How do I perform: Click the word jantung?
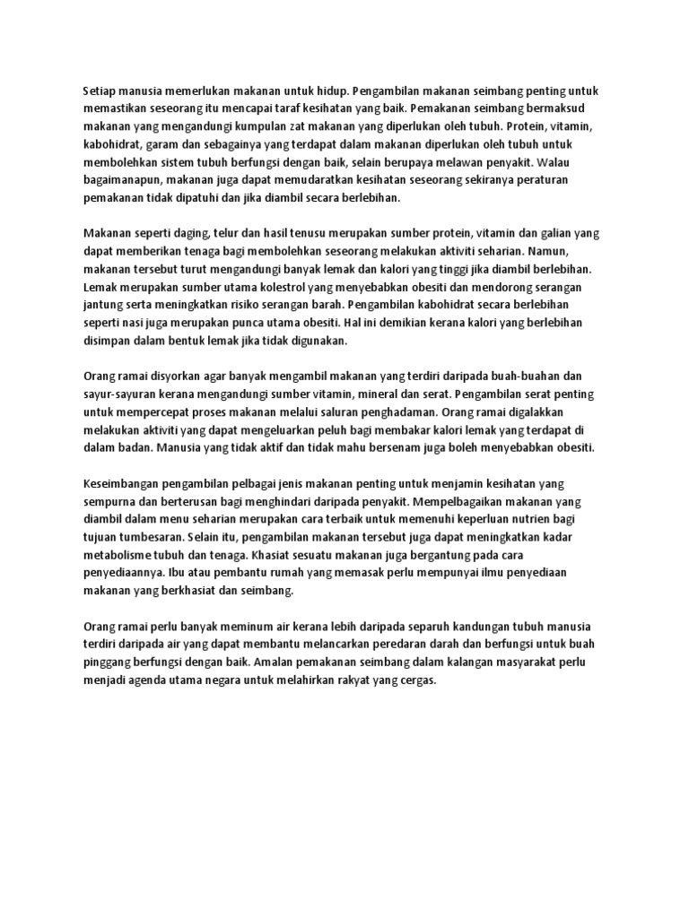point(103,305)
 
